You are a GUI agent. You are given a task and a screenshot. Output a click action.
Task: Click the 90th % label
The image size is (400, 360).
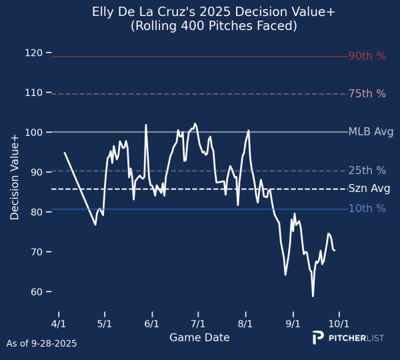pos(367,57)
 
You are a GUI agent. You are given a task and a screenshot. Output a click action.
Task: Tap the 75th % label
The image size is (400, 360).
pos(367,94)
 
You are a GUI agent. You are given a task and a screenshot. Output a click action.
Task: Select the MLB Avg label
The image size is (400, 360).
pos(371,132)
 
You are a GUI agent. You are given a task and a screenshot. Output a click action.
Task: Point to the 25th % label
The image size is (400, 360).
pos(367,171)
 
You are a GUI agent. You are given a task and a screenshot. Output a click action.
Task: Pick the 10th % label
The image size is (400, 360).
pos(367,209)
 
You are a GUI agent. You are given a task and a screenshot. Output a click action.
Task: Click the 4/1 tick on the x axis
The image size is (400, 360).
pos(59,325)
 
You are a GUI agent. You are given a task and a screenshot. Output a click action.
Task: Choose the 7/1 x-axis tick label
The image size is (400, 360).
pos(199,325)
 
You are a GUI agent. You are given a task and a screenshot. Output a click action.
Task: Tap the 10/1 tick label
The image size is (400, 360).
pos(339,325)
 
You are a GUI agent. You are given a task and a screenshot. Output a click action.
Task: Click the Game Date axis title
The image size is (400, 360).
pos(199,338)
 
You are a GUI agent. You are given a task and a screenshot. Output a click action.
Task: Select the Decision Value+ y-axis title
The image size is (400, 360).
pos(14,176)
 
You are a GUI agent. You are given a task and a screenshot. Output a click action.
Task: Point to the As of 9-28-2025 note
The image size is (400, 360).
pos(41,344)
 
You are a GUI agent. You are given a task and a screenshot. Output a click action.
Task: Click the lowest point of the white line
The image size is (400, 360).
pos(313,296)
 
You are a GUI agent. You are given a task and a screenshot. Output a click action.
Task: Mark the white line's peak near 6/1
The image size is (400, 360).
pos(146,125)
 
